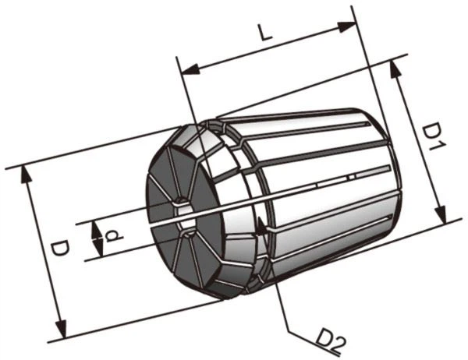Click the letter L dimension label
266,33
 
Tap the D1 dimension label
434,137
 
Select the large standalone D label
59,249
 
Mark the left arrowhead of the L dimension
190,69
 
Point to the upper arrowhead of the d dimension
95,231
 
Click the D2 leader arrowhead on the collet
261,225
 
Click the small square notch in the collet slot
353,178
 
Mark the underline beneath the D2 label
314,344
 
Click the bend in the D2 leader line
288,330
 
